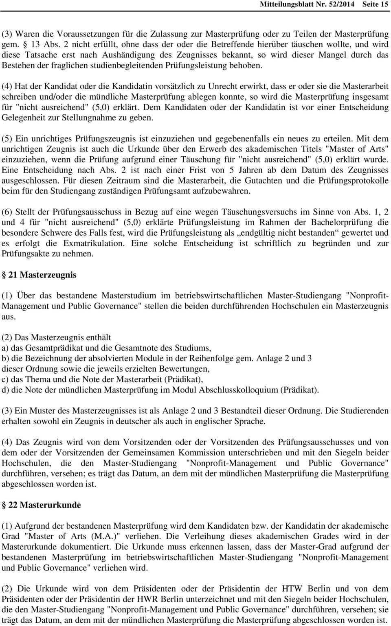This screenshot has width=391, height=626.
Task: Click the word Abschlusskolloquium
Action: point(238,390)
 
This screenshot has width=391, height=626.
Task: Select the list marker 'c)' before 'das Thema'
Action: point(6,379)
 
